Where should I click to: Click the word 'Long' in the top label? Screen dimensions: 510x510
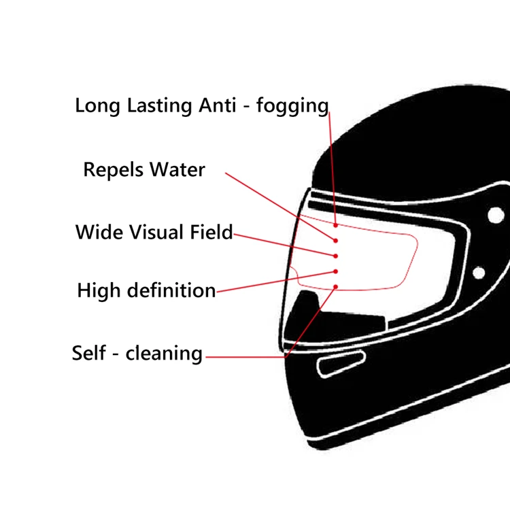[95, 107]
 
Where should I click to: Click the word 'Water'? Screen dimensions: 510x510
[177, 169]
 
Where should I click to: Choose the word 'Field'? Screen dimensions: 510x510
[210, 232]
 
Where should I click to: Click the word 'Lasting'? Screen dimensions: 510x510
[152, 107]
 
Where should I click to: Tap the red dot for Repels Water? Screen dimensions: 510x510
[336, 240]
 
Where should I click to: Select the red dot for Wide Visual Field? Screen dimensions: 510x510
[336, 256]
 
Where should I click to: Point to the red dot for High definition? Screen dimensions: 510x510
[336, 272]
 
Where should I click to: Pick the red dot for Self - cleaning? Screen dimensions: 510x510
[336, 287]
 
